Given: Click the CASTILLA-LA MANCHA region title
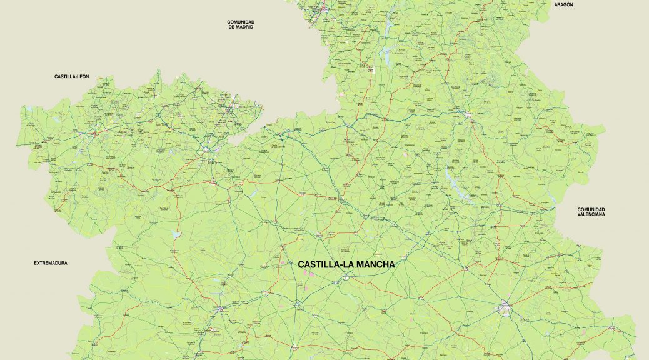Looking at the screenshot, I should [346, 265].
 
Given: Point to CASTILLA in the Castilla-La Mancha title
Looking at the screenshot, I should [318, 265].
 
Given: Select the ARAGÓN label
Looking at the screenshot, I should [563, 4].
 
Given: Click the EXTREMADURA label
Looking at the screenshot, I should [51, 263].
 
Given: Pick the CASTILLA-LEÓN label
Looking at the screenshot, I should [72, 76].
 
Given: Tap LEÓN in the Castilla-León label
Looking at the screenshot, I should [82, 76].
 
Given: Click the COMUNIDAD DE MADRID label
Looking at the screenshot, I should [241, 24].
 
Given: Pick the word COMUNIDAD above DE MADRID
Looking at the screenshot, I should [241, 22].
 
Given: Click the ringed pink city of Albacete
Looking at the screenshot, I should [505, 307].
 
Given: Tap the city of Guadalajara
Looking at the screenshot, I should [324, 9].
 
